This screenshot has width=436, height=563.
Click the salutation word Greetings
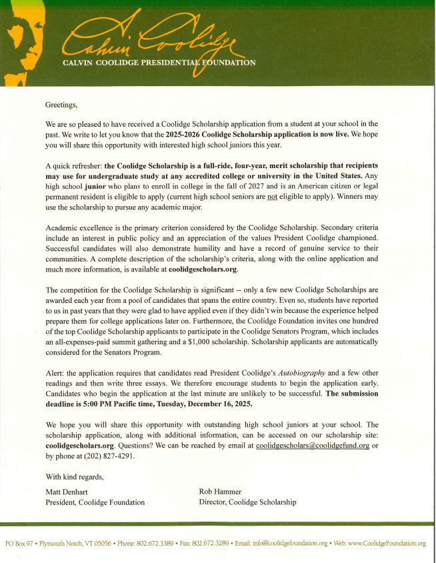click(x=61, y=104)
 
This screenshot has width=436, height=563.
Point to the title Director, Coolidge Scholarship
click(x=247, y=502)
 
